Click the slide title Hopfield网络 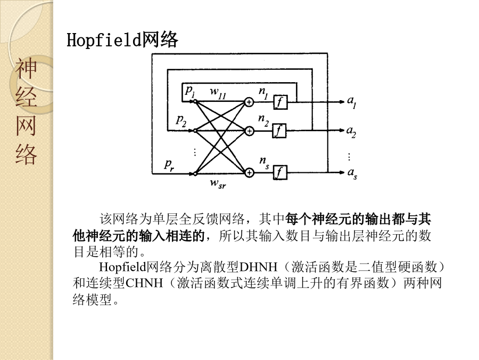(122, 40)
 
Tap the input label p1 (190, 91)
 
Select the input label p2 (181, 121)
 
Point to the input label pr (169, 165)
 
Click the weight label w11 (218, 92)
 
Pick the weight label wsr (218, 183)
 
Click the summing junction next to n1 (249, 102)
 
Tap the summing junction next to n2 (250, 131)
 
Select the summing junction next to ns (250, 173)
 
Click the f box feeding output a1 (280, 102)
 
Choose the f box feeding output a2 (279, 131)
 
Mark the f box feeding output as (280, 173)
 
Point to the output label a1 (352, 102)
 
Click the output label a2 (351, 132)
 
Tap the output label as (352, 173)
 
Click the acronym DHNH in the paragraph (258, 267)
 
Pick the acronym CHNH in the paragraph (144, 283)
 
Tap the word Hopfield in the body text (122, 267)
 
